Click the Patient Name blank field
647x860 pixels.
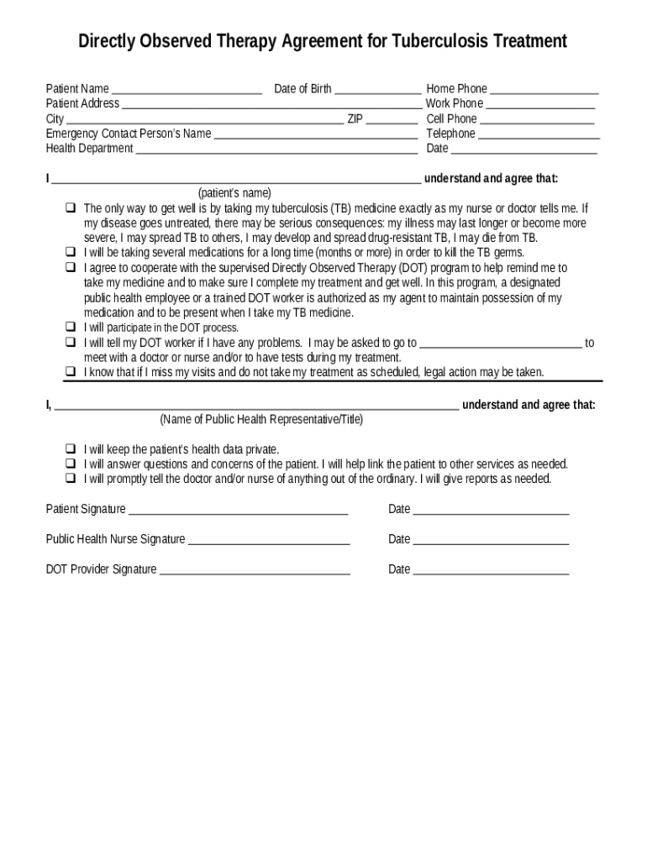(x=187, y=90)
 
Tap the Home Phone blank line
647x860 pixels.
(x=544, y=90)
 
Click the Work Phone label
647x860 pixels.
(x=455, y=103)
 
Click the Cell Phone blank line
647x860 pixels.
(x=537, y=120)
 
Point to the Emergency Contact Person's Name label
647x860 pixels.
(x=129, y=134)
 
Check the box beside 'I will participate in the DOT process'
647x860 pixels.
(x=71, y=328)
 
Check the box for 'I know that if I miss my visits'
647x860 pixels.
(x=71, y=372)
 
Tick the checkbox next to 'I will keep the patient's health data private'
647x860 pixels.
(x=71, y=449)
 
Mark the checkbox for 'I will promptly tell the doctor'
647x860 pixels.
(x=71, y=479)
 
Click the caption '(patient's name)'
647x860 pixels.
(x=234, y=192)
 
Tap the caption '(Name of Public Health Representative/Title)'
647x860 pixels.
(x=261, y=419)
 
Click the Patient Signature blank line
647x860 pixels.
(x=238, y=511)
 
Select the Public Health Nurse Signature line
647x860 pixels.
(x=269, y=541)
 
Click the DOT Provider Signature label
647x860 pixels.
(x=101, y=569)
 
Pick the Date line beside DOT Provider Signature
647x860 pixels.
(x=491, y=571)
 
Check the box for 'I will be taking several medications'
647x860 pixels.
(x=71, y=252)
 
